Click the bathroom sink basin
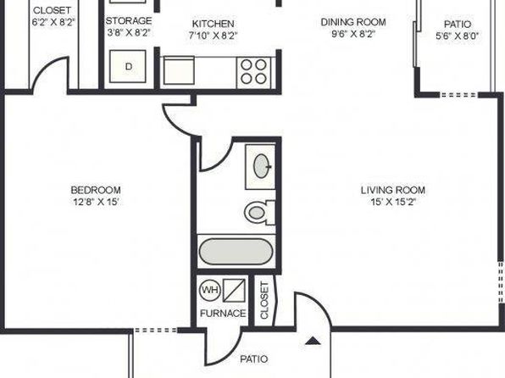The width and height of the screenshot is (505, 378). pos(262,166)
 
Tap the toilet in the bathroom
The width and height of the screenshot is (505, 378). pos(259,213)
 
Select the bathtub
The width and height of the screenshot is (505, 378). pos(236,252)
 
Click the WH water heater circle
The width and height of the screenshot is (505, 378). pos(210,290)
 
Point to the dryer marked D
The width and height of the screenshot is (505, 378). pos(128,66)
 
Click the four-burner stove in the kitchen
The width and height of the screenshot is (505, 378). pos(254,72)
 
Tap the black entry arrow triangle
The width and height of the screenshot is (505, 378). pos(313,341)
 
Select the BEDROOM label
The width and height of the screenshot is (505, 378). pos(96,190)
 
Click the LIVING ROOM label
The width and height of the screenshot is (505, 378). pos(393,190)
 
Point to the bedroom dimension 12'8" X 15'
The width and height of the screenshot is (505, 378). pos(97,202)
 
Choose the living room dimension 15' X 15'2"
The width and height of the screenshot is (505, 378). pos(393,202)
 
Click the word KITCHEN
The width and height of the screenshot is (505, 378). pos(213,24)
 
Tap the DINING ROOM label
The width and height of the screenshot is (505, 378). pos(353,22)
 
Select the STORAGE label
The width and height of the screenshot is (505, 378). pos(129,20)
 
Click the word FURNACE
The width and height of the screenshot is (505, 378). pos(223,314)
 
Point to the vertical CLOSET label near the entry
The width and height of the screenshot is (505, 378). pos(264,300)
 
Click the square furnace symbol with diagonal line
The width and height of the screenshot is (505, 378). pos(234,290)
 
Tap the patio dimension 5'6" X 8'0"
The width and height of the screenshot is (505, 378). pos(458,36)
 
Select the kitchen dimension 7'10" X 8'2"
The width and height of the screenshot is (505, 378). pos(213,35)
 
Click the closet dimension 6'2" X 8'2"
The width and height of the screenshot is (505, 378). pos(53,22)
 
